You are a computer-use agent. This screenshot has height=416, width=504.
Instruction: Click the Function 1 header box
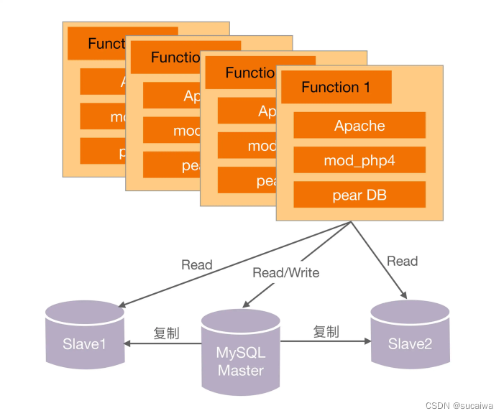(336, 88)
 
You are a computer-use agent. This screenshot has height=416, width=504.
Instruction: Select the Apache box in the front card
(359, 126)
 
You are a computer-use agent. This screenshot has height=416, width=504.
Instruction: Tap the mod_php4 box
(359, 161)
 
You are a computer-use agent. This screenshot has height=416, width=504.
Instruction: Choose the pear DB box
(359, 195)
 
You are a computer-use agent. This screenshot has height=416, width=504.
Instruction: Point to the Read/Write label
(286, 273)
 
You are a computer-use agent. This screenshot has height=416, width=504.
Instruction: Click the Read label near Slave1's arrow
(197, 265)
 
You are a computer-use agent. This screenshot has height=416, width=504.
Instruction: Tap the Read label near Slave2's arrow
(402, 262)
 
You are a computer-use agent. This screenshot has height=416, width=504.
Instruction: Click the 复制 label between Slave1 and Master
(166, 333)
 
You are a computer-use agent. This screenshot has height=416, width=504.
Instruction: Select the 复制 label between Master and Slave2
(326, 332)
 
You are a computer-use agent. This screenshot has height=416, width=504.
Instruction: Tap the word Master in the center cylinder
(241, 371)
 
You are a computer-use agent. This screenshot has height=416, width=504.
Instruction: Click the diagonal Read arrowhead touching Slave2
(404, 295)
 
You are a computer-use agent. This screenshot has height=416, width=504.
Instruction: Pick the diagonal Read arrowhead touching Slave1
(122, 303)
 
